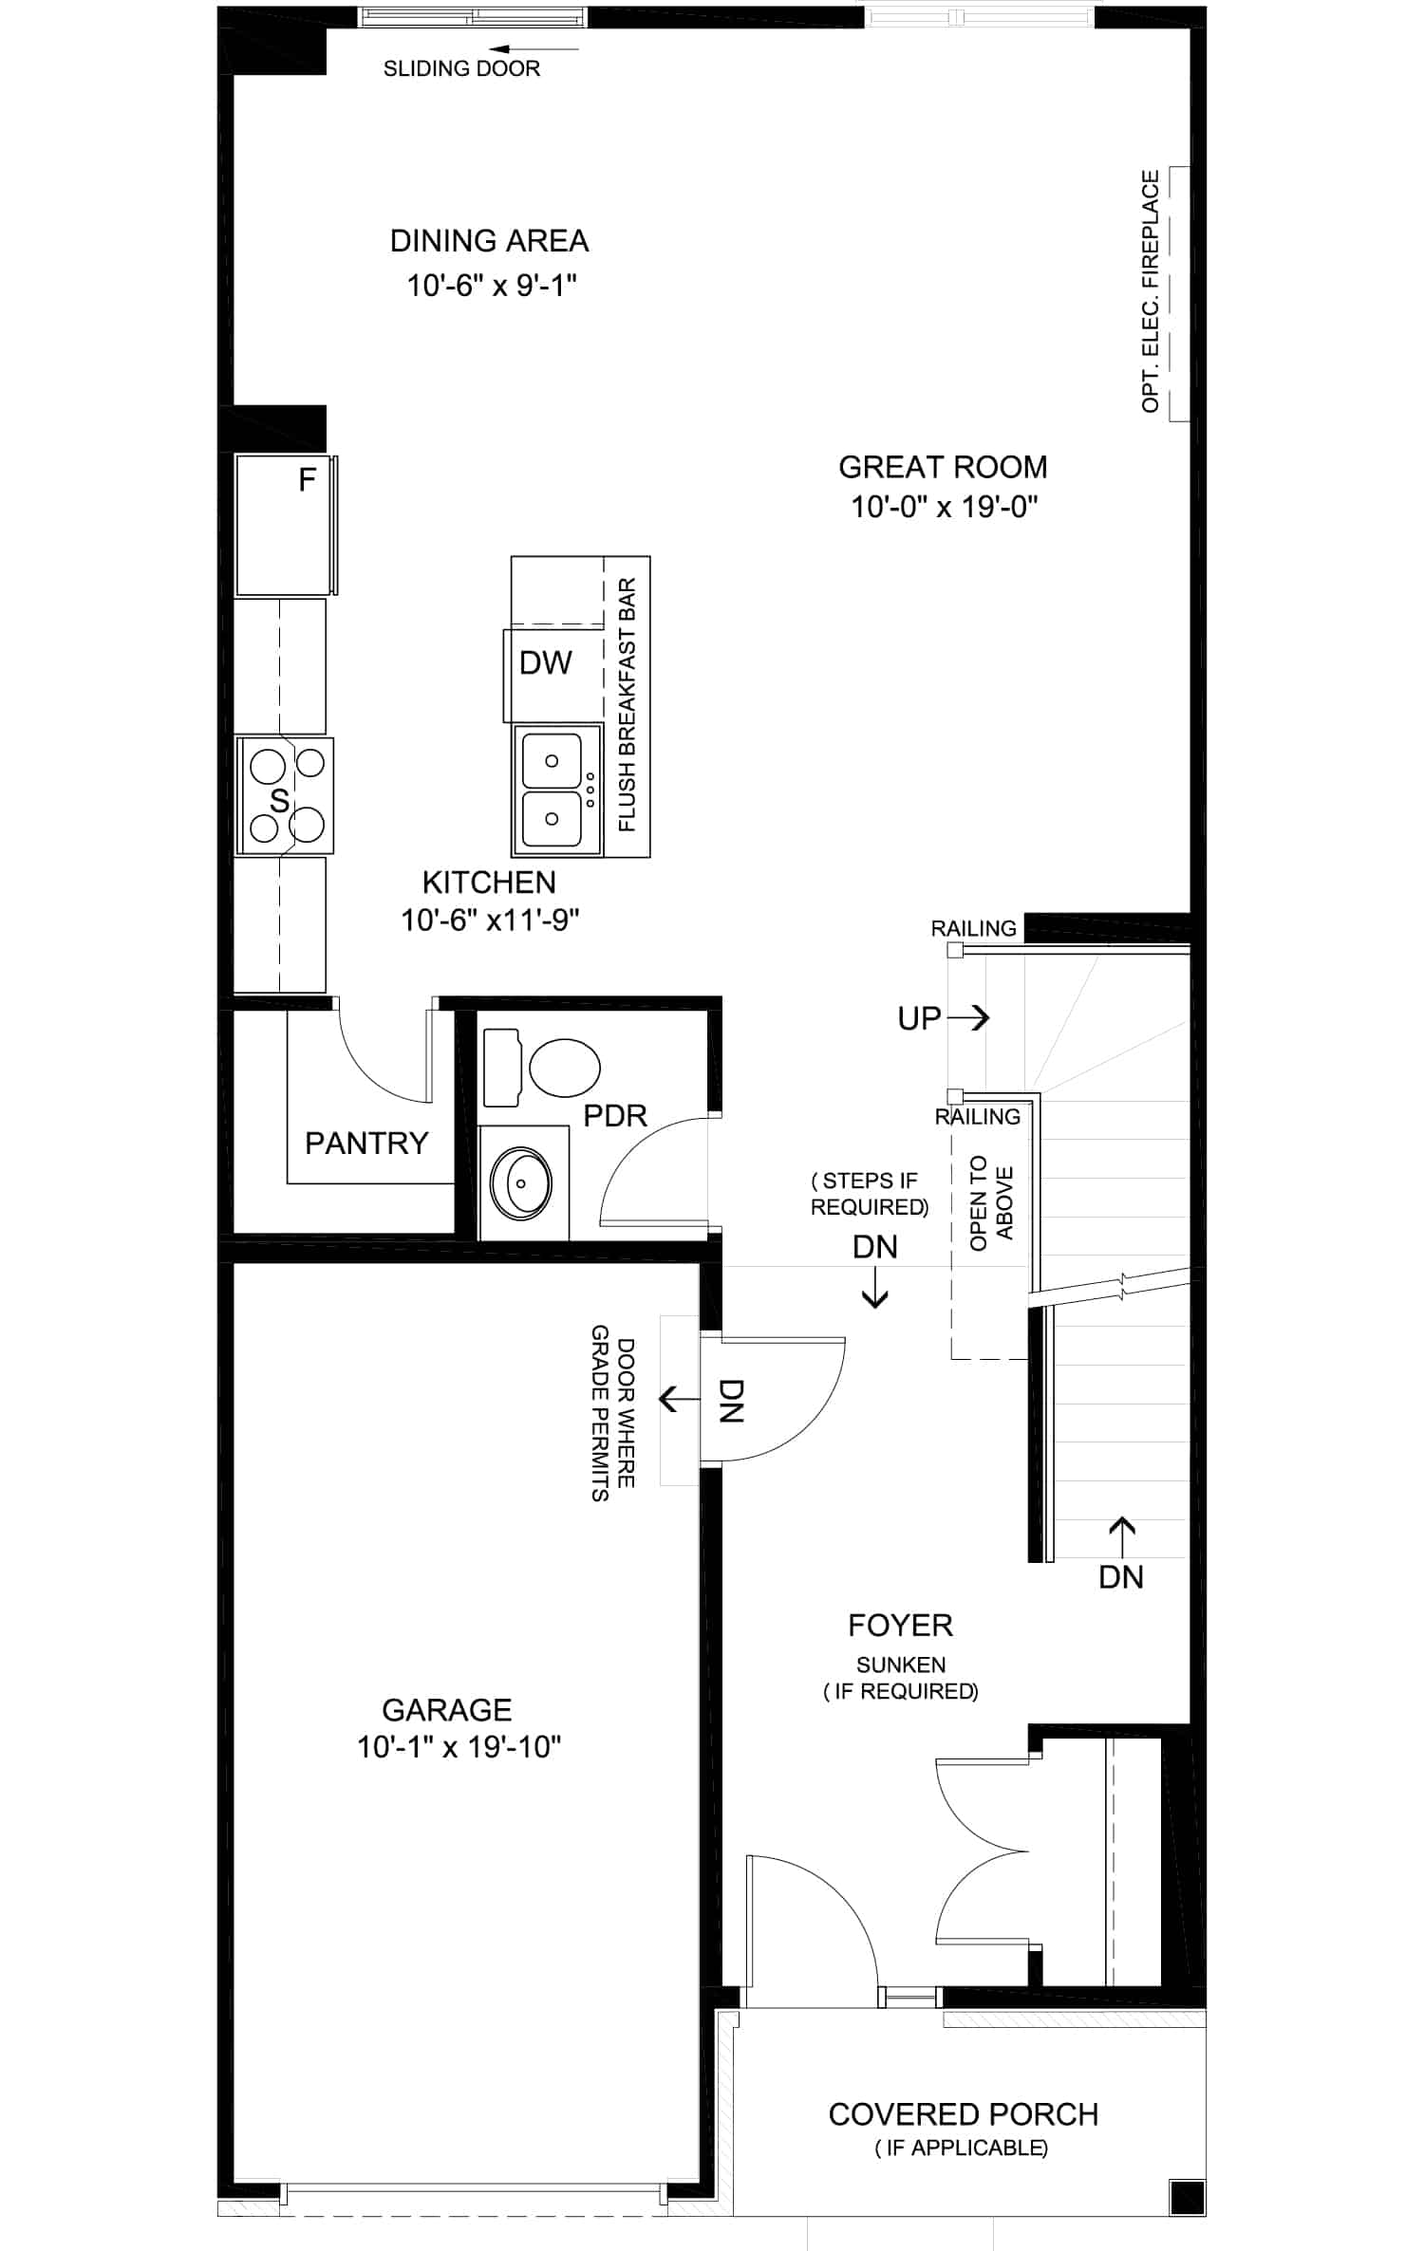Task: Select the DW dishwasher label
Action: [x=546, y=662]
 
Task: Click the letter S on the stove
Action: [x=278, y=800]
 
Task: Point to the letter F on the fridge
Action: [x=307, y=480]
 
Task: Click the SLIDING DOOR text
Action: [x=461, y=68]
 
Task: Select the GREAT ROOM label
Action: [x=943, y=467]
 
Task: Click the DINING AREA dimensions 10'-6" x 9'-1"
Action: [x=492, y=285]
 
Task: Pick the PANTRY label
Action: [x=366, y=1143]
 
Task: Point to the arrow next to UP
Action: [x=968, y=1017]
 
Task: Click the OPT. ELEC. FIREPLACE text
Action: [x=1151, y=291]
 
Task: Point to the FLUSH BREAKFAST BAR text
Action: [x=628, y=705]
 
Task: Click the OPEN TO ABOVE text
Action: [x=992, y=1203]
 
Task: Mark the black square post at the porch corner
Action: [x=1188, y=2197]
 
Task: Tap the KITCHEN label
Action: [x=489, y=883]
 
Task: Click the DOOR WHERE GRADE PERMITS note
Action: [x=613, y=1413]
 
